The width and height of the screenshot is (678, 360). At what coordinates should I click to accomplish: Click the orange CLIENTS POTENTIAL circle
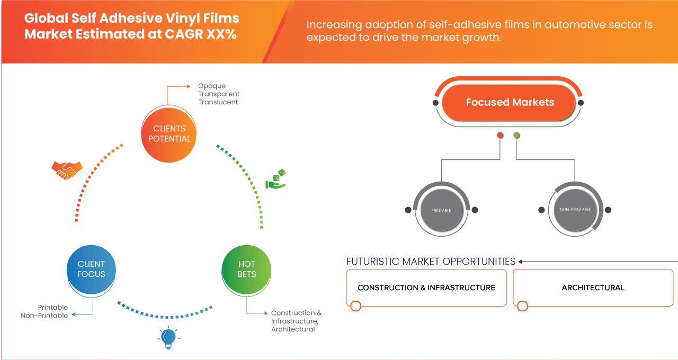point(169,133)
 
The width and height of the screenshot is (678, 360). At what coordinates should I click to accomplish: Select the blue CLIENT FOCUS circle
point(91,269)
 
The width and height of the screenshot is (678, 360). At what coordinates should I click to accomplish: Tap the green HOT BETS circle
point(247,269)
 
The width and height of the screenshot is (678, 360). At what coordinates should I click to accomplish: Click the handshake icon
point(67,170)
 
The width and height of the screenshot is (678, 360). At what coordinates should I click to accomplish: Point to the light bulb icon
point(168,337)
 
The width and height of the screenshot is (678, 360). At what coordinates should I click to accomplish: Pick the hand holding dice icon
point(275,179)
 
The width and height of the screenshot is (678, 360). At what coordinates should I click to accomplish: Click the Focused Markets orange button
point(510,103)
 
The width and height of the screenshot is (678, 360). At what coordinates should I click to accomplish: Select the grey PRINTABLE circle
point(441,210)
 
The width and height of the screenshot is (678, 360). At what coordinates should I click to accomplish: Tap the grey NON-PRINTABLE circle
point(575,210)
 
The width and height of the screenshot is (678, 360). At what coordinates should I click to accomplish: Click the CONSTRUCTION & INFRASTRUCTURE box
point(426,288)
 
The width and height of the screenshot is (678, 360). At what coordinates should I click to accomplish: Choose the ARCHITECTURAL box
point(593,288)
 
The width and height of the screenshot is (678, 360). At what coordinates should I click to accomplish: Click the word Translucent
point(218,102)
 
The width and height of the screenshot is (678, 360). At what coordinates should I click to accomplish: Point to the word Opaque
point(212,86)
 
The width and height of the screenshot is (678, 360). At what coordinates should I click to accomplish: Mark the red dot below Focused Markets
point(500,136)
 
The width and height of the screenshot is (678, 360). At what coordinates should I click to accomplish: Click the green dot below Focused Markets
point(516,136)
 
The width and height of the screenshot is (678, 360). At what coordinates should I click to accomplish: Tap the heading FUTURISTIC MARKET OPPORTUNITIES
point(431,262)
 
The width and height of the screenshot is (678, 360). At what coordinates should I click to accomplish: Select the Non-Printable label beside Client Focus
point(44,316)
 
